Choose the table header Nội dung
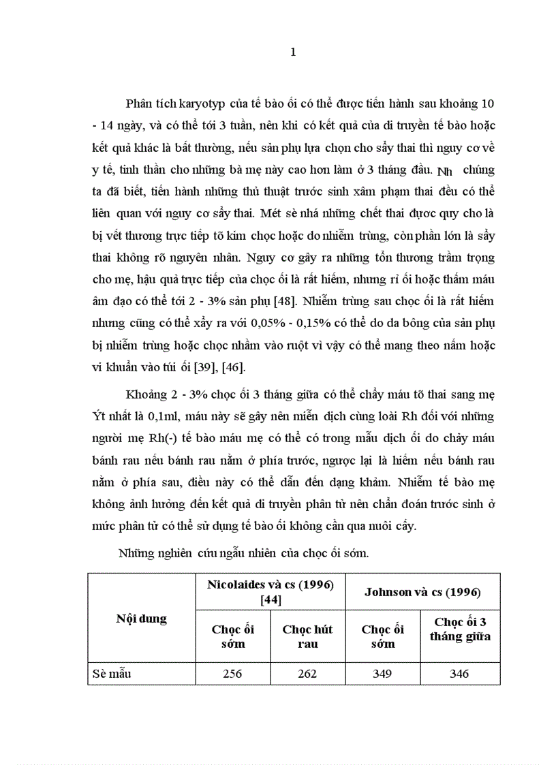(x=141, y=619)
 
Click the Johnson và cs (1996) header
(x=422, y=592)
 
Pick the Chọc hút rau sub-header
(x=307, y=636)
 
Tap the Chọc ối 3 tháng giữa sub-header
(x=460, y=629)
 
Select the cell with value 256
(x=233, y=674)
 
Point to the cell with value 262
(x=308, y=674)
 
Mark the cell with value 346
(x=460, y=674)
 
